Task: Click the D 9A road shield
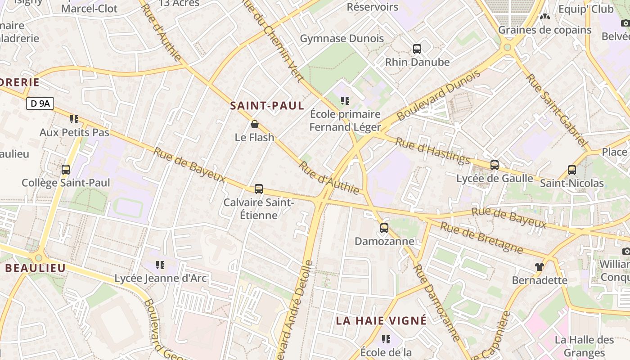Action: (40, 104)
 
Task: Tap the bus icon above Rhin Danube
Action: (417, 49)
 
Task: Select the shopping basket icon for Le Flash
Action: (255, 124)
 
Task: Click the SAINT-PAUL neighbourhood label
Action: (267, 106)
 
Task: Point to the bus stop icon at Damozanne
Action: (384, 228)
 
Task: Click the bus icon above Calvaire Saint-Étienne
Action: (258, 189)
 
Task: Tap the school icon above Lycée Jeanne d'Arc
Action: (160, 265)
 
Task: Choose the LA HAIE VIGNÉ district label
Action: (381, 320)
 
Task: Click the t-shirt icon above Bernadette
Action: (540, 266)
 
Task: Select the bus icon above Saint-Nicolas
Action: (571, 170)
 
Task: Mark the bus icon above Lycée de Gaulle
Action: (495, 165)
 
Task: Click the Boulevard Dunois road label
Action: (438, 95)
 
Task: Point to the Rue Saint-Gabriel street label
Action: (557, 112)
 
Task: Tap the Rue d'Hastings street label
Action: (432, 151)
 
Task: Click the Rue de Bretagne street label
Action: (481, 238)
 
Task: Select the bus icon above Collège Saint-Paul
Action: (66, 170)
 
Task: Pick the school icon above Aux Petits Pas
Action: (74, 119)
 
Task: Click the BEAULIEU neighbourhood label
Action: (36, 268)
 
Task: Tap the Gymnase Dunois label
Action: (342, 39)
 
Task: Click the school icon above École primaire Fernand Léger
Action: (345, 101)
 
